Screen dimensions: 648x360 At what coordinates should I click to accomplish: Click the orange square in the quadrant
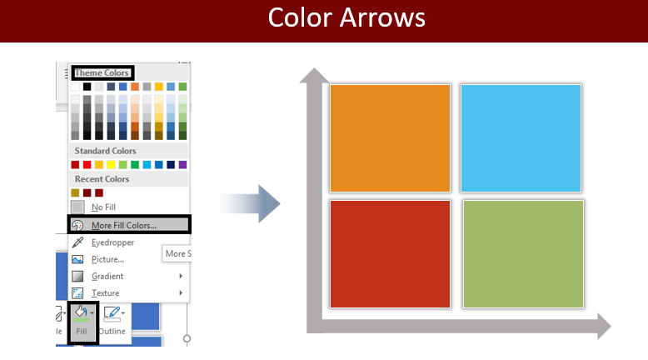(390, 138)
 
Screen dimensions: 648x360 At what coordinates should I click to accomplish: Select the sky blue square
(521, 138)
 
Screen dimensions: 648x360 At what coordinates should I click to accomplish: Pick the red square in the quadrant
(390, 254)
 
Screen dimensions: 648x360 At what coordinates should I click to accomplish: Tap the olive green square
(523, 254)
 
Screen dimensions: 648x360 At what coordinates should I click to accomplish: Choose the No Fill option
(103, 207)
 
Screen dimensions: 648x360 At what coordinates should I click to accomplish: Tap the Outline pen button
(112, 321)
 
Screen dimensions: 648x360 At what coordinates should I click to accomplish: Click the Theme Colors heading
(102, 72)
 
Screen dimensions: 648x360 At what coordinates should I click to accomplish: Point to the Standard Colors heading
(106, 151)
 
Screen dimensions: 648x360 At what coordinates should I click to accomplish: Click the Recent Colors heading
(102, 179)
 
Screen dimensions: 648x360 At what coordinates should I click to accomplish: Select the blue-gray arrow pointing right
(248, 204)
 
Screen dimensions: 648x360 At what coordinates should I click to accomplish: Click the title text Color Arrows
(346, 17)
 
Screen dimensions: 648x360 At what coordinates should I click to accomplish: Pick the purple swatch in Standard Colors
(182, 164)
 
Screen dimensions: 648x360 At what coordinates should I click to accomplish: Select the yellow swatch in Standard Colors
(111, 164)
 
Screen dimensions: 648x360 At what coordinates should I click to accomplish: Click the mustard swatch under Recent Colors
(75, 192)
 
